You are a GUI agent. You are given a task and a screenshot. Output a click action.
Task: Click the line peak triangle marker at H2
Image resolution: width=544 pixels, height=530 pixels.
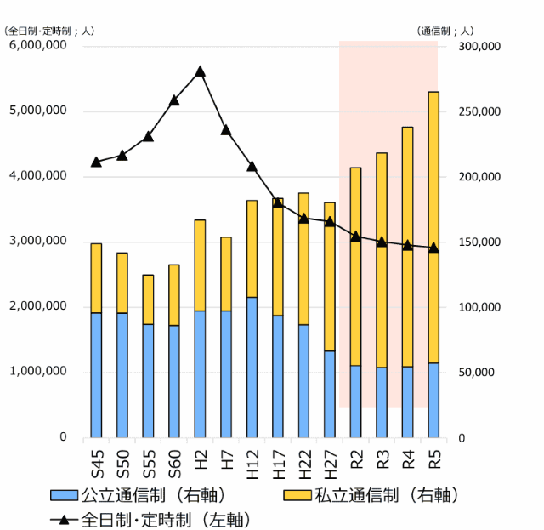click(x=200, y=71)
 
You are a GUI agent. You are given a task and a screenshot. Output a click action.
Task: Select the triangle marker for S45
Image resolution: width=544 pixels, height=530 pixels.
click(x=96, y=162)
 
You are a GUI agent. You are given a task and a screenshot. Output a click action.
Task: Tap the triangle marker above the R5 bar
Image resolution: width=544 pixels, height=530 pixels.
click(x=433, y=248)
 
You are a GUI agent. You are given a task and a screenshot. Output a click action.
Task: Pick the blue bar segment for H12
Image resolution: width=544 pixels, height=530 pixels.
click(x=252, y=367)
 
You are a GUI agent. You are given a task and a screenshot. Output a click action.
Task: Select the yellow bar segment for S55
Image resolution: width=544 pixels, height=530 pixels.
click(x=148, y=299)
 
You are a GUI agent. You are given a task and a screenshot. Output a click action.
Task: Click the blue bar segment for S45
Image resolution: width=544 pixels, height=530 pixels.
click(x=96, y=375)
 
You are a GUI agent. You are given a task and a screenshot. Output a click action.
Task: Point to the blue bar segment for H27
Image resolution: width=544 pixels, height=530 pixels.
click(x=330, y=394)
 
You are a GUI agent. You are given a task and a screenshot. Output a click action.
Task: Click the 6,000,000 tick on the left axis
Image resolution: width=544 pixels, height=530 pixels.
click(x=37, y=46)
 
